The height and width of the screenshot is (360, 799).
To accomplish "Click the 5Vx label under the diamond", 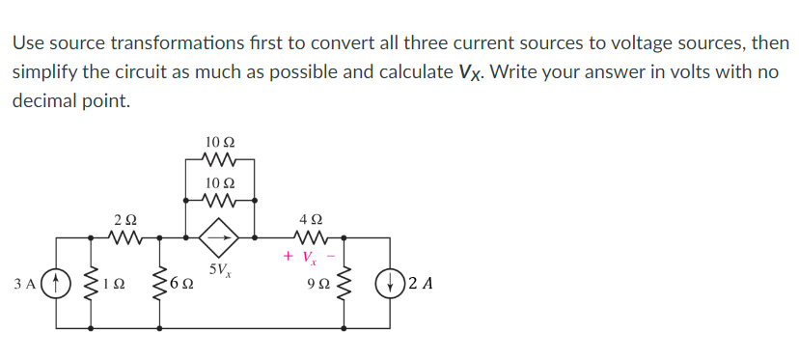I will tap(218, 269).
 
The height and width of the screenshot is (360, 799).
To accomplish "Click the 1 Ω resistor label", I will tap(115, 286).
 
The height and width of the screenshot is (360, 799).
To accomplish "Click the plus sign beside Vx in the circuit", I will tap(289, 256).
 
